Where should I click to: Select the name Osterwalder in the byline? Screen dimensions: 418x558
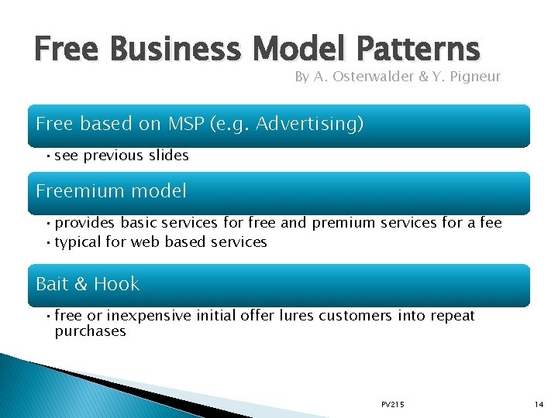coord(365,77)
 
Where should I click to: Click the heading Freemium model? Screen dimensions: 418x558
coord(111,190)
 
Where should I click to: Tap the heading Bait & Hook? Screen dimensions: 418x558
coord(88,284)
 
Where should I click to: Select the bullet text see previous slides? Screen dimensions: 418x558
coord(122,156)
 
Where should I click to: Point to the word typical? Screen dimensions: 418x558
coord(79,242)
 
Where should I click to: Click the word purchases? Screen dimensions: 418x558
coord(90,331)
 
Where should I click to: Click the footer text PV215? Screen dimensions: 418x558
coord(392,405)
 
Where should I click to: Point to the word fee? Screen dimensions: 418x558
coord(491,223)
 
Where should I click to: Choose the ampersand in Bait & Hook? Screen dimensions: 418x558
coord(81,284)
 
